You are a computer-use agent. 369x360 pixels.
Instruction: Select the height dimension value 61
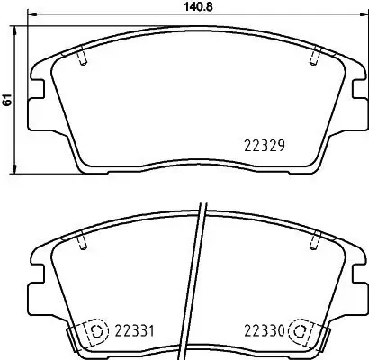coord(8,100)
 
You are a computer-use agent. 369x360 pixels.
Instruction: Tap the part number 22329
coord(265,143)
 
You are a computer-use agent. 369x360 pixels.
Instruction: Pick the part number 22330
coord(263,332)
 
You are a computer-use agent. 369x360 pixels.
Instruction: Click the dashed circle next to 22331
coord(92,332)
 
